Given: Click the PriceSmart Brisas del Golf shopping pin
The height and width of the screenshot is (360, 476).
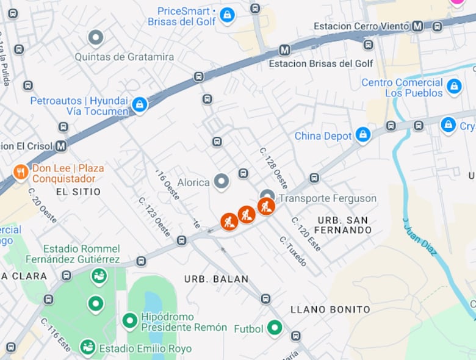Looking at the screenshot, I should pos(227,15).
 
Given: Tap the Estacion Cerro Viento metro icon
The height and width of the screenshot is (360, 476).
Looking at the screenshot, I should pos(417,26).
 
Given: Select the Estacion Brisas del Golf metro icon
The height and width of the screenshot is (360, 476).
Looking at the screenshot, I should pos(284,50).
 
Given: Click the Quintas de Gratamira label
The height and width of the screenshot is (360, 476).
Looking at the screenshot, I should pos(124,57).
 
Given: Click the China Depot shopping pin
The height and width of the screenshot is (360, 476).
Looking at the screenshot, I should pos(363,135).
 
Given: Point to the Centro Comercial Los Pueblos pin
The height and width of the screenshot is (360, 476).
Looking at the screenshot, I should pos(454,87).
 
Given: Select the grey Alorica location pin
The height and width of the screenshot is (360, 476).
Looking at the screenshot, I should pos(221,181).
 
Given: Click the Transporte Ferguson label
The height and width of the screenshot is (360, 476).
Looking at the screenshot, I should pos(328,198).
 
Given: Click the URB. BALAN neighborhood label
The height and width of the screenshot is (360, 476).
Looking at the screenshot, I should pos(217,279).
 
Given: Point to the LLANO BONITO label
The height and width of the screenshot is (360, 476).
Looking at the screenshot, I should pos(330,309).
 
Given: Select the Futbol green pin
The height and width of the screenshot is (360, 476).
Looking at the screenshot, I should pos(275,328).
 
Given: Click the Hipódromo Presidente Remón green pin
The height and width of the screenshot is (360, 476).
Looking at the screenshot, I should pos(129,320).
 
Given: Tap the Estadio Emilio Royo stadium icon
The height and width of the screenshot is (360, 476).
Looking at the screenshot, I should pos(88,348).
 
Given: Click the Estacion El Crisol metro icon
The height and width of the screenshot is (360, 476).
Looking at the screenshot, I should pos(60,146).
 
